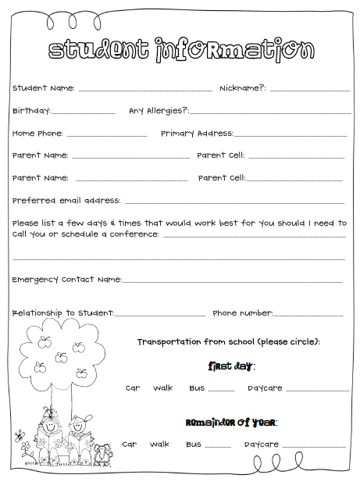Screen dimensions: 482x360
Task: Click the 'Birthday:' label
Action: click(31, 111)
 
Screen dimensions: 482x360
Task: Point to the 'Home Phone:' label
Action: click(37, 134)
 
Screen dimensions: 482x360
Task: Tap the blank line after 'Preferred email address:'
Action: click(234, 202)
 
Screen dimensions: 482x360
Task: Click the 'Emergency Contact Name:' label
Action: click(66, 279)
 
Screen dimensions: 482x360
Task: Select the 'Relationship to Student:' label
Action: click(62, 313)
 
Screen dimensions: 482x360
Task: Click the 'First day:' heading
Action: click(231, 366)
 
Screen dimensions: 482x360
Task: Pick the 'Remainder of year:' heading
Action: click(231, 423)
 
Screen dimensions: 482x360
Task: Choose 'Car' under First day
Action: click(133, 388)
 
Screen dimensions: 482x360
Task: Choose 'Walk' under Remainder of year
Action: click(159, 445)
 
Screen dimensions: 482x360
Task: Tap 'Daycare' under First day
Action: click(265, 388)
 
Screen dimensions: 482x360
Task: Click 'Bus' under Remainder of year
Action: click(193, 445)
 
